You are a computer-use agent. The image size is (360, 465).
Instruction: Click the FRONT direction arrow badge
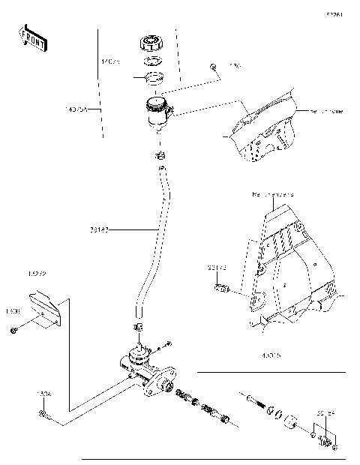pyautogui.click(x=34, y=37)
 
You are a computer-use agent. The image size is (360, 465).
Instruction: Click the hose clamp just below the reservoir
pyautogui.click(x=159, y=156)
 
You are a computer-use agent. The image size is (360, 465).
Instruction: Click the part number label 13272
pyautogui.click(x=37, y=274)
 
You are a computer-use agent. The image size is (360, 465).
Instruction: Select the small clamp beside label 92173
pyautogui.click(x=220, y=288)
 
